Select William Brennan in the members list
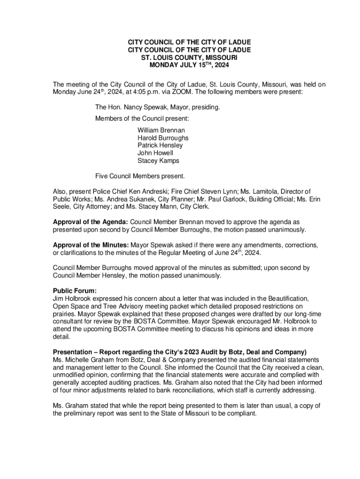161,130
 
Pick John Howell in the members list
155,153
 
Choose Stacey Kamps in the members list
158,160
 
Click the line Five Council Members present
140,176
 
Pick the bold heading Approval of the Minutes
91,245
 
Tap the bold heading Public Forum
74,291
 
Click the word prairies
65,314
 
